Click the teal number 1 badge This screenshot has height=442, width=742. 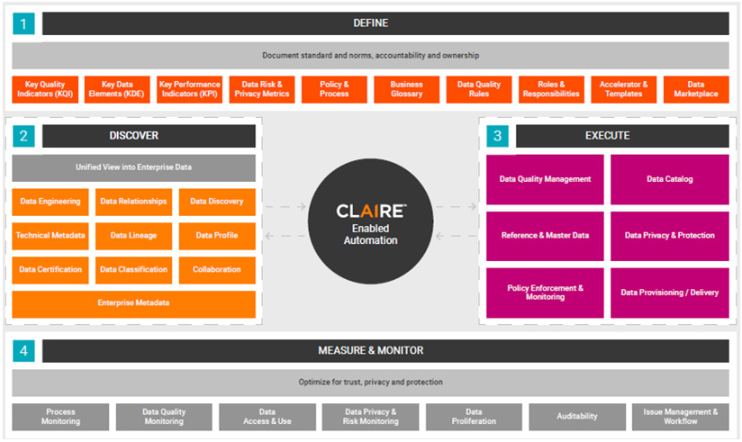point(23,23)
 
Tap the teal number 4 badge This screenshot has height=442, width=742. point(23,351)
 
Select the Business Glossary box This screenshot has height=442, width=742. point(406,89)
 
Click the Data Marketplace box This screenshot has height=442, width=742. point(696,89)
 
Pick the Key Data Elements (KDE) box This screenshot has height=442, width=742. point(117,89)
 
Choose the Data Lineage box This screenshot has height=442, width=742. point(133,236)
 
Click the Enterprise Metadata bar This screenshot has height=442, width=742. point(133,303)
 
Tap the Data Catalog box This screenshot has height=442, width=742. point(670,179)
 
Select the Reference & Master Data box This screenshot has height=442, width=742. point(545,236)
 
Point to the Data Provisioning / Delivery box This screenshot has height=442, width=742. point(670,293)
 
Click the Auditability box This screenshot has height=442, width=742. point(577,417)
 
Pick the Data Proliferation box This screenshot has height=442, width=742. point(474,417)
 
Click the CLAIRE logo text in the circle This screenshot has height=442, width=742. point(371,211)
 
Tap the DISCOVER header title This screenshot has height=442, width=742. point(134,136)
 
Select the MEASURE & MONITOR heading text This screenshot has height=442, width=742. point(370,351)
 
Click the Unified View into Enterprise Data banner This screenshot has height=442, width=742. point(133,167)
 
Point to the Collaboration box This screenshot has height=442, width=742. point(217,270)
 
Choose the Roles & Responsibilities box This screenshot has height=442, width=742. point(551,89)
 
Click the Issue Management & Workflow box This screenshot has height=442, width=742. point(681,417)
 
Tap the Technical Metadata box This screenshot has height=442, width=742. point(50,236)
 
